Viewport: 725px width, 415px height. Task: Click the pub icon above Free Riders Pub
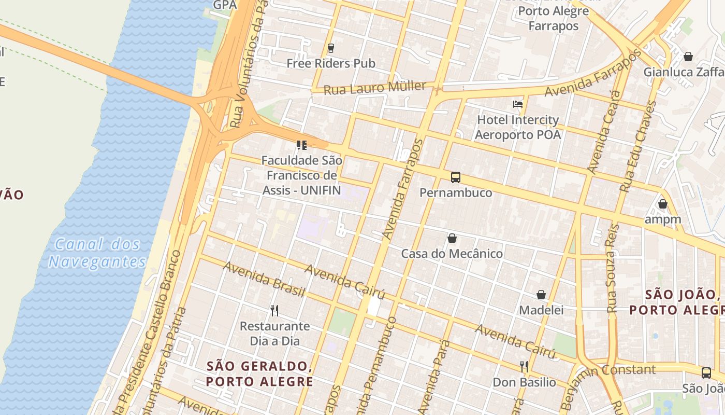point(331,48)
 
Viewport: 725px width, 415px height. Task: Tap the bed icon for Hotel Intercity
point(517,104)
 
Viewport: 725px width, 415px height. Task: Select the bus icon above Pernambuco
point(456,177)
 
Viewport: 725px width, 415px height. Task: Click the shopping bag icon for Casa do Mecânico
point(452,238)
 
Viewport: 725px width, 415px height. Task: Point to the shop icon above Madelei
point(541,295)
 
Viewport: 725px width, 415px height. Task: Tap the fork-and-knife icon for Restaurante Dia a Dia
point(274,311)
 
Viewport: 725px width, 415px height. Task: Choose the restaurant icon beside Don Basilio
point(524,367)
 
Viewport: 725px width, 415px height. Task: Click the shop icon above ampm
point(662,204)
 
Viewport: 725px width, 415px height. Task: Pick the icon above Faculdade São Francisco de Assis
point(301,145)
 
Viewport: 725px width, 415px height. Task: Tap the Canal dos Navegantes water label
point(97,253)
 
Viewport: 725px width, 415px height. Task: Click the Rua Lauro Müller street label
point(374,88)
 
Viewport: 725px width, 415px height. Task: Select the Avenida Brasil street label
point(264,280)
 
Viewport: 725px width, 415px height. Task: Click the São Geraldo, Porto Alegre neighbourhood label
point(259,374)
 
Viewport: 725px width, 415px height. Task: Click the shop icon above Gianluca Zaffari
point(688,56)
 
